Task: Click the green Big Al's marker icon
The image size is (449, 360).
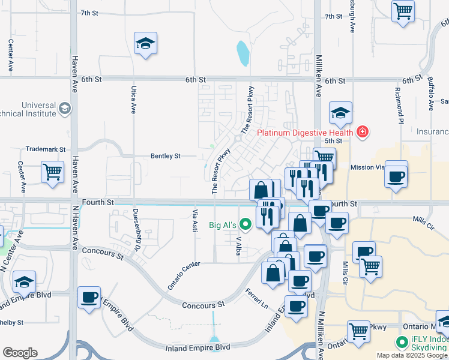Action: [x=245, y=225]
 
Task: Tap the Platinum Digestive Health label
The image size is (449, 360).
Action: [x=306, y=132]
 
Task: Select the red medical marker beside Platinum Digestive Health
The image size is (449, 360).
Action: [x=362, y=131]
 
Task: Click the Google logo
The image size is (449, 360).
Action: [x=20, y=352]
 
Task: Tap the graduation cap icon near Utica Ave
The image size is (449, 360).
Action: [x=145, y=43]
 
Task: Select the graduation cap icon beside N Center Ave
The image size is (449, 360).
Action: [x=25, y=281]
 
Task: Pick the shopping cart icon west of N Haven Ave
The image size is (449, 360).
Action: [x=53, y=171]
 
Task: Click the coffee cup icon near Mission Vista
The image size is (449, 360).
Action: [x=396, y=176]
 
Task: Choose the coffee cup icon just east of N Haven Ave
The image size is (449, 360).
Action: [x=89, y=297]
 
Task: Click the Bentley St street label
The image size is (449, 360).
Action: [x=165, y=156]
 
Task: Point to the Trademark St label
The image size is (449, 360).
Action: [x=45, y=149]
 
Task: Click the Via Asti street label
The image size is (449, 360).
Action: [x=194, y=220]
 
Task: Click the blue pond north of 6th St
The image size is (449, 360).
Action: [x=243, y=53]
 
